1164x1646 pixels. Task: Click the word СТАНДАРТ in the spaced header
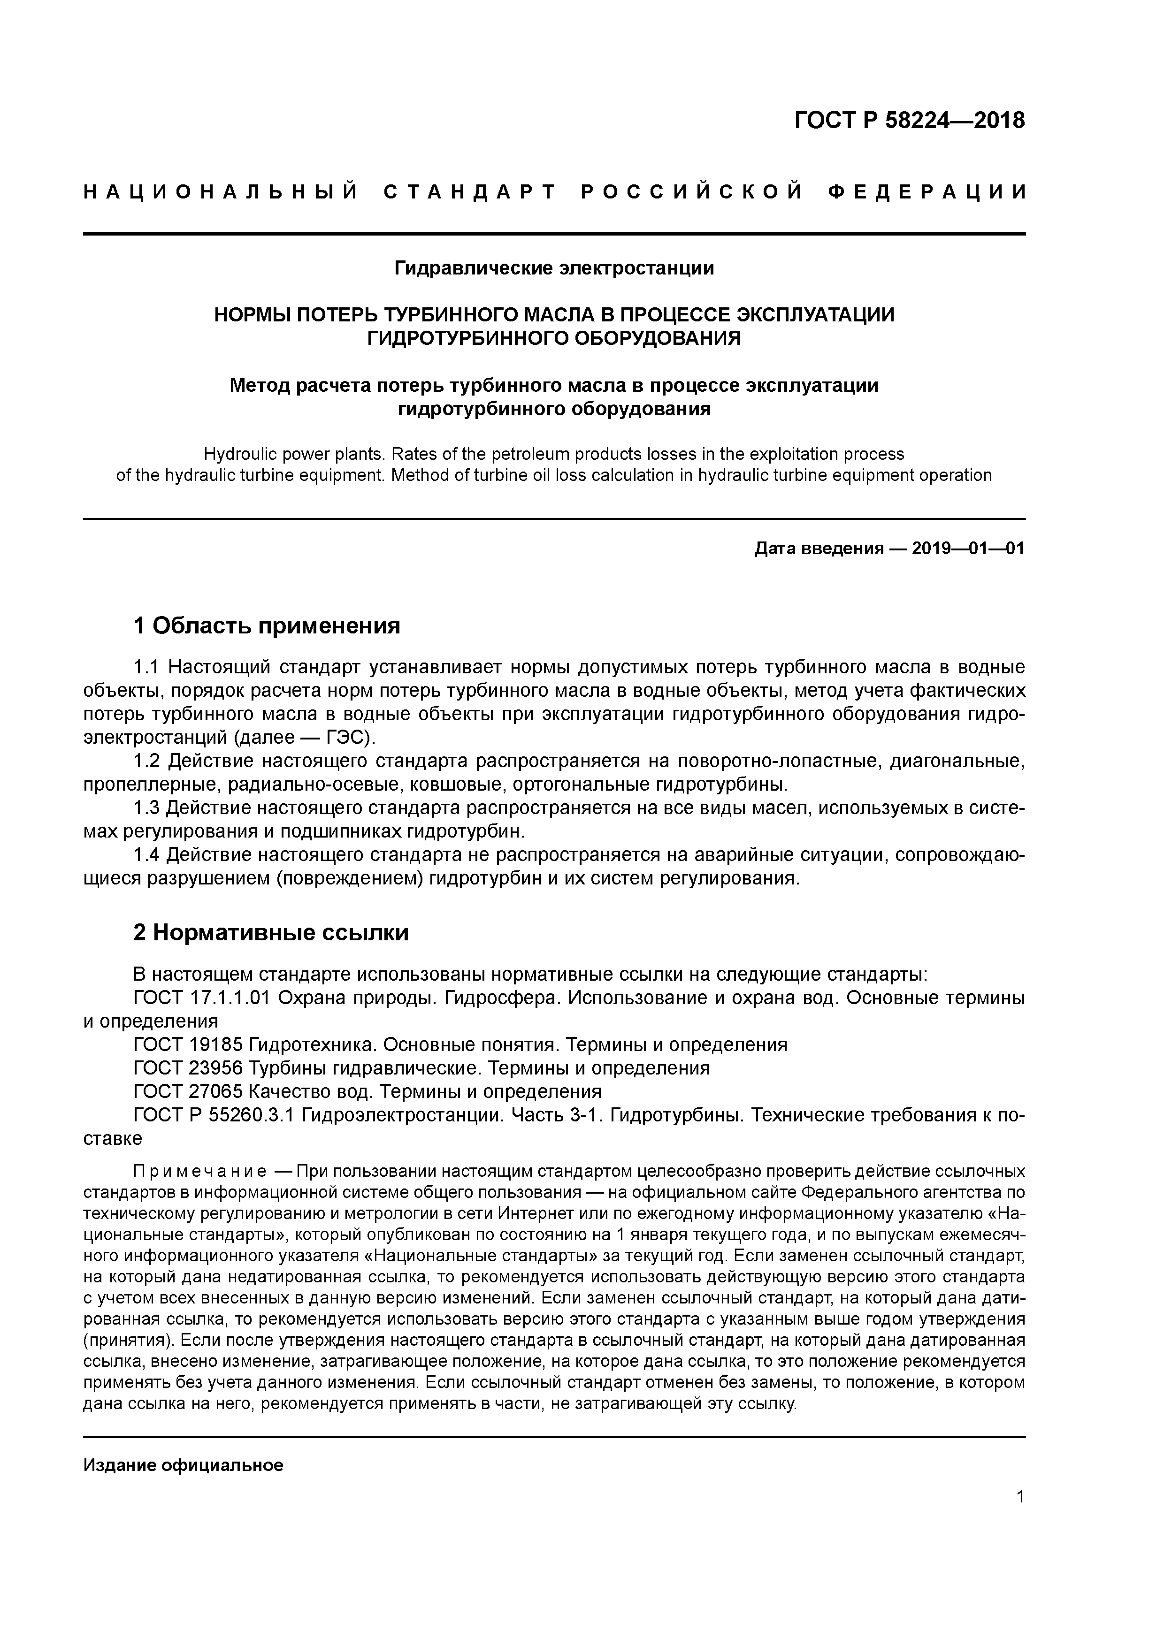click(x=470, y=192)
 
